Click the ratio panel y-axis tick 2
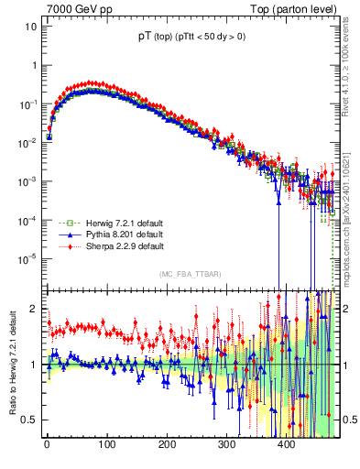(x=31, y=309)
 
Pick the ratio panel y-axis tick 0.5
(x=27, y=420)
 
